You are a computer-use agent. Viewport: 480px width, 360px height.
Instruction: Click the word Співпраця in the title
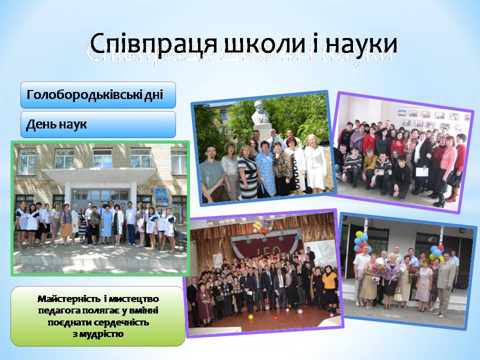(x=153, y=44)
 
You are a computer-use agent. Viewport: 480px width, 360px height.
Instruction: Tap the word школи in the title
(x=264, y=44)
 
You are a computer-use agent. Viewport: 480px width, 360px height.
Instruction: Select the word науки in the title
(x=361, y=44)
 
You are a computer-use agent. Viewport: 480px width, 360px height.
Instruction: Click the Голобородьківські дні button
(x=98, y=95)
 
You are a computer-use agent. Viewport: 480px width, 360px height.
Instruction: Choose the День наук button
(x=98, y=124)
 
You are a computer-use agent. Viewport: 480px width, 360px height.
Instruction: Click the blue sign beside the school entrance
(x=161, y=197)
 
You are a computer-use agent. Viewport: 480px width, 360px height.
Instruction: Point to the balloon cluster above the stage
(x=263, y=226)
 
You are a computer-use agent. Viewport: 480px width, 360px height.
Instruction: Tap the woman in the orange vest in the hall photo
(x=329, y=288)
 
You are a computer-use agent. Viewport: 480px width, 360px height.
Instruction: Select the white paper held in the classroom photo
(x=421, y=171)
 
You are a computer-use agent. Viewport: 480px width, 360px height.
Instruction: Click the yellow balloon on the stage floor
(x=250, y=317)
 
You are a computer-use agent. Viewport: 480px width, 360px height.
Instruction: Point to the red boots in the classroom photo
(x=452, y=196)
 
